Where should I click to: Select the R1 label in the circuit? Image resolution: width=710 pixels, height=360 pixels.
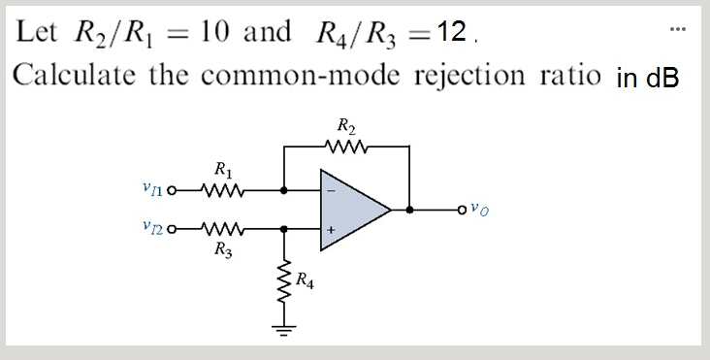point(221,173)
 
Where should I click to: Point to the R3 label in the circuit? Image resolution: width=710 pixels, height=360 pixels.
point(221,249)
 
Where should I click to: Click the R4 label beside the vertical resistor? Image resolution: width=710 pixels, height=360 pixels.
point(305,282)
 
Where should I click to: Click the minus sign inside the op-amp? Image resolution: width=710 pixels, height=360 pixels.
point(331,189)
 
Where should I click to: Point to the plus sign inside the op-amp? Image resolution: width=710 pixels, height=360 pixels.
point(331,230)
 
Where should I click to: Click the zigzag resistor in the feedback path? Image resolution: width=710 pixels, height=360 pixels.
point(346,148)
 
